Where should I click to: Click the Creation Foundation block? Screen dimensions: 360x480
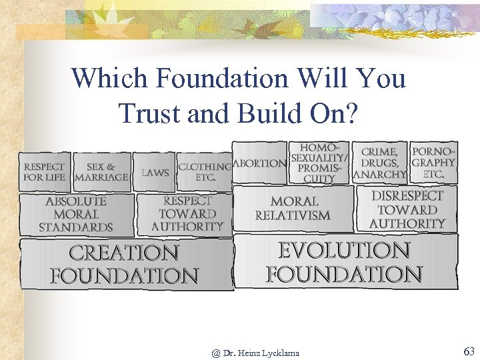(x=125, y=264)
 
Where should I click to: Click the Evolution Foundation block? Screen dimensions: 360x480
(x=345, y=261)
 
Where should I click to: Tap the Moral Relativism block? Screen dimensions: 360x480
(x=293, y=208)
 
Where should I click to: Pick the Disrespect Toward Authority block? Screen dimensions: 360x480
(x=407, y=209)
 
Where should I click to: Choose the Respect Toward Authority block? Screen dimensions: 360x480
(x=187, y=214)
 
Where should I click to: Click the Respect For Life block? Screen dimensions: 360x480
(x=44, y=172)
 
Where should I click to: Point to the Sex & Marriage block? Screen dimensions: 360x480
(x=101, y=172)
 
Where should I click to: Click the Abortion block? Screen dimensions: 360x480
(x=260, y=163)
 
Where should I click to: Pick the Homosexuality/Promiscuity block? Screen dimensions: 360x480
(x=319, y=163)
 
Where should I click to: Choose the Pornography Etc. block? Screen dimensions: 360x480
(x=433, y=163)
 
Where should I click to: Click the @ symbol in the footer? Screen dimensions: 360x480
(x=216, y=353)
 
